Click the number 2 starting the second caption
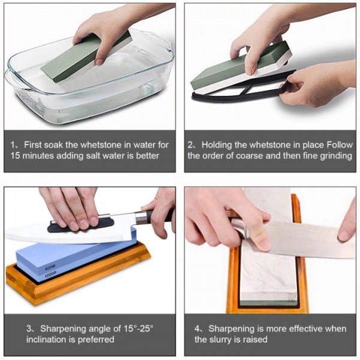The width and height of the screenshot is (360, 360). point(190,145)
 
